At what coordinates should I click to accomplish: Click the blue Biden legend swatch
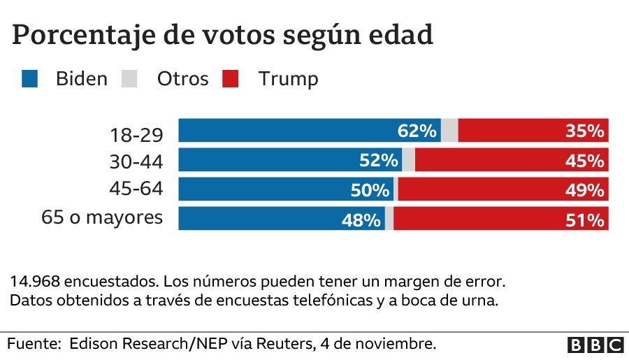click(x=29, y=78)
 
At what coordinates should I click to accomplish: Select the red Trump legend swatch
click(x=231, y=78)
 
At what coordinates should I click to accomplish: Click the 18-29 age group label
click(x=137, y=134)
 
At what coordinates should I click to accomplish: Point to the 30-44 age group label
click(x=136, y=162)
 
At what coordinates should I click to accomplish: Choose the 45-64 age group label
click(x=136, y=190)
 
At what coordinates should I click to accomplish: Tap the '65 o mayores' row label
click(x=102, y=217)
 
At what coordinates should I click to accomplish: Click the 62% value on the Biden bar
click(x=417, y=131)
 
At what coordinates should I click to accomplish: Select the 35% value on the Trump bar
click(x=585, y=131)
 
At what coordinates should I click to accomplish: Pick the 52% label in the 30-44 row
click(x=379, y=160)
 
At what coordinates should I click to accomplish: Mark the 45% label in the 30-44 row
click(x=585, y=160)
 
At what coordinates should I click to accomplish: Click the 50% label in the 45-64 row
click(x=370, y=189)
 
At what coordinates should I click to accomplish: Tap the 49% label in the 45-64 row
click(x=585, y=189)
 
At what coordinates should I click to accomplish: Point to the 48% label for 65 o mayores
click(x=361, y=219)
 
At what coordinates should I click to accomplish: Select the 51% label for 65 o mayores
click(x=585, y=219)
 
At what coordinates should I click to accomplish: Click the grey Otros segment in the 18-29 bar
click(x=449, y=131)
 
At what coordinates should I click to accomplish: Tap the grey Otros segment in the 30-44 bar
click(x=408, y=160)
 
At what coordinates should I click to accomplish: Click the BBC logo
click(x=595, y=344)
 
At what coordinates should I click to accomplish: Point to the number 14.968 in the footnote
click(x=35, y=282)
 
